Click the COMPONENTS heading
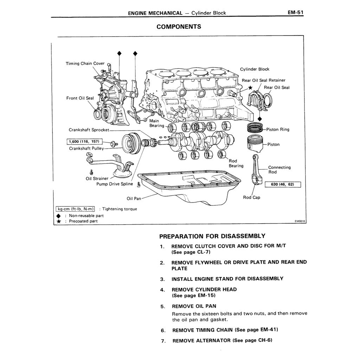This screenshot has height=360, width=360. click(x=179, y=27)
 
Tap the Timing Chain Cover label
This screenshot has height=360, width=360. click(x=85, y=64)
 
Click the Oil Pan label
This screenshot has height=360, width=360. click(x=134, y=199)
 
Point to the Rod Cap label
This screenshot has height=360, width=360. click(x=251, y=198)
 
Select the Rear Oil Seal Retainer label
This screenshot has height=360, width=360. click(x=263, y=81)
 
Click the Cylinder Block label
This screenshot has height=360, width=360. click(x=255, y=69)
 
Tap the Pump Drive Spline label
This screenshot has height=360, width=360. click(x=115, y=184)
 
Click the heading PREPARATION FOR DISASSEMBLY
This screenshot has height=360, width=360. click(x=212, y=236)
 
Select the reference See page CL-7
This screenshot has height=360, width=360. click(x=191, y=252)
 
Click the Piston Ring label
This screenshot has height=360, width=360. click(x=278, y=129)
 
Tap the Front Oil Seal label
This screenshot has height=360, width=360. click(x=80, y=98)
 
